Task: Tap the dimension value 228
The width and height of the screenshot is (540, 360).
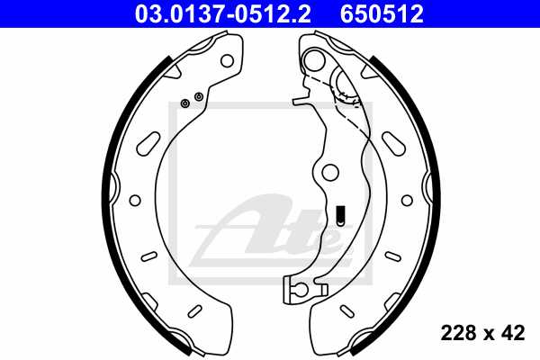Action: (x=458, y=333)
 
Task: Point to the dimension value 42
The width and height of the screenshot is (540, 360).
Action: (x=513, y=333)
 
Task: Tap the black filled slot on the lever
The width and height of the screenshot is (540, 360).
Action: (x=339, y=215)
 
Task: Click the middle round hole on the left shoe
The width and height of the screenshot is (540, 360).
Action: (x=135, y=200)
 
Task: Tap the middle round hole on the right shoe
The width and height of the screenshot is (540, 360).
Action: (x=408, y=199)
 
